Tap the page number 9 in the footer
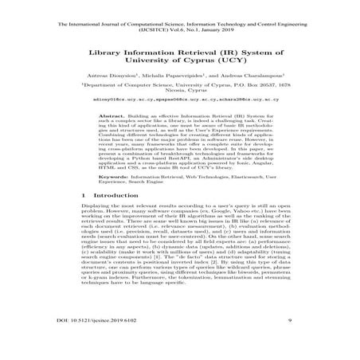273,342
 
